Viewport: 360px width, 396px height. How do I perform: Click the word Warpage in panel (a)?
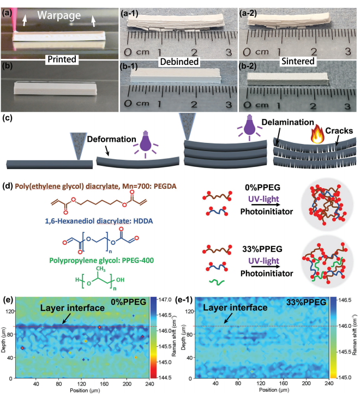click(59, 16)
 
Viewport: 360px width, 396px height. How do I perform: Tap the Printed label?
click(62, 59)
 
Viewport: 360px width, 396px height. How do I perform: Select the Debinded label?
click(179, 62)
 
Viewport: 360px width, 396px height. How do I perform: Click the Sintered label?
click(298, 62)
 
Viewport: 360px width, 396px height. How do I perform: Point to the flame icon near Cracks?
click(317, 135)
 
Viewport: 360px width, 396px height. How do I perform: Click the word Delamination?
click(287, 122)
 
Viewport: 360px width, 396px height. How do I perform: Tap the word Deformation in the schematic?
click(111, 139)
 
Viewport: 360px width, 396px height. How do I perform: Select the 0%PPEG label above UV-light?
click(262, 188)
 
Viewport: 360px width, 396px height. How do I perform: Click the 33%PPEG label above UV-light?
click(262, 249)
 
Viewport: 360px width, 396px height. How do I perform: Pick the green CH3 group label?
click(100, 269)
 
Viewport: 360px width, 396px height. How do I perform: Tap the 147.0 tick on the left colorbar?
click(165, 299)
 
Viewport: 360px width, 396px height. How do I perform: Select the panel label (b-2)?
click(248, 67)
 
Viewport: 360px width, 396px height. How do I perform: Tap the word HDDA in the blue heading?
click(143, 221)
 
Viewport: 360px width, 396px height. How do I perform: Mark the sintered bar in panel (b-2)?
click(288, 79)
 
